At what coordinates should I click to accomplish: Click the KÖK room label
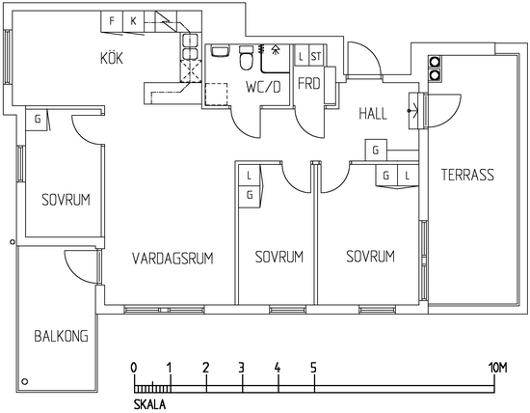point(112,58)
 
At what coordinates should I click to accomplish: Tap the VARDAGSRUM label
point(172,259)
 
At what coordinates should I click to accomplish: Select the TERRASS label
point(467,175)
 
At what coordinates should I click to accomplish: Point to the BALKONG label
point(61,336)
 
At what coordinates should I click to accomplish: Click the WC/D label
point(263,88)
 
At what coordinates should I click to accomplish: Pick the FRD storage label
point(309,84)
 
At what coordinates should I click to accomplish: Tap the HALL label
point(373,114)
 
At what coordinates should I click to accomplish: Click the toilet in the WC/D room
point(246,58)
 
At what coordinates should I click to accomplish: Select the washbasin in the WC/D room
point(220,51)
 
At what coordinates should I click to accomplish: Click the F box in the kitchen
point(112,21)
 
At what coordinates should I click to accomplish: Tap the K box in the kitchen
point(134,21)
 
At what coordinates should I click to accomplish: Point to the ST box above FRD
point(316,56)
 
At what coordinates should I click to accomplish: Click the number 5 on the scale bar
point(314,368)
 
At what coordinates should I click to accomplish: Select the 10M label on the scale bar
point(497,368)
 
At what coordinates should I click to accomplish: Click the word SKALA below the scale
point(149,404)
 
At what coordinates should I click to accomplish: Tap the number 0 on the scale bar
point(134,368)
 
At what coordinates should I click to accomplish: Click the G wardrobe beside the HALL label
point(376,150)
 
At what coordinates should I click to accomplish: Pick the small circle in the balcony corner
point(25,381)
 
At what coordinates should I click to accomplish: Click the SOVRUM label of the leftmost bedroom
point(66,200)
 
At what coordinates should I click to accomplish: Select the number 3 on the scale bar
point(241,368)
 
